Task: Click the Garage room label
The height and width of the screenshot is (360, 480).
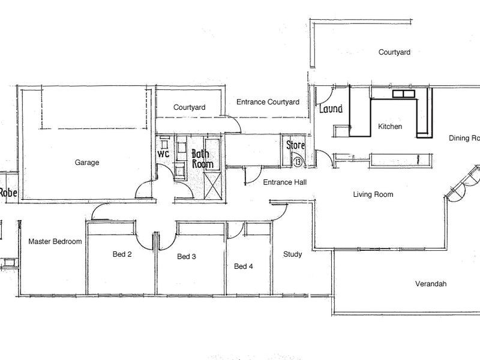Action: click(87, 162)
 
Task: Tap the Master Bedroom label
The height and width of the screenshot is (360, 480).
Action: click(55, 242)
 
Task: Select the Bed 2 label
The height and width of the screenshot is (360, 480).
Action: click(122, 254)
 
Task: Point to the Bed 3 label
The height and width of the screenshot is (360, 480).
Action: click(187, 257)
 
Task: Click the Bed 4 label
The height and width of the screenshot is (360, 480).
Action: click(244, 266)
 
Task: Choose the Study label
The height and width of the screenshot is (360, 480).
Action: click(292, 254)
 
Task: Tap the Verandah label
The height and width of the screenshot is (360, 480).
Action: click(431, 284)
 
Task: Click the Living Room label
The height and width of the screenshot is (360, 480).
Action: click(373, 194)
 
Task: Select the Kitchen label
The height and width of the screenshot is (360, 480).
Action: click(390, 127)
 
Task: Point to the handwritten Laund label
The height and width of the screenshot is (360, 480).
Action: click(331, 109)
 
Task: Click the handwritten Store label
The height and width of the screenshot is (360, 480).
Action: click(295, 145)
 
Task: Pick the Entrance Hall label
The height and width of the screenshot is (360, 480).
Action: click(286, 182)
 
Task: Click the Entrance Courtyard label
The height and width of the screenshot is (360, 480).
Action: click(268, 103)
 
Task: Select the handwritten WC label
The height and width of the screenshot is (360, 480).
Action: click(163, 154)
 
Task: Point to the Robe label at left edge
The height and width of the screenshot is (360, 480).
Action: click(7, 193)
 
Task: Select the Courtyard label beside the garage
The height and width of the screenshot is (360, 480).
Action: click(190, 108)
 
